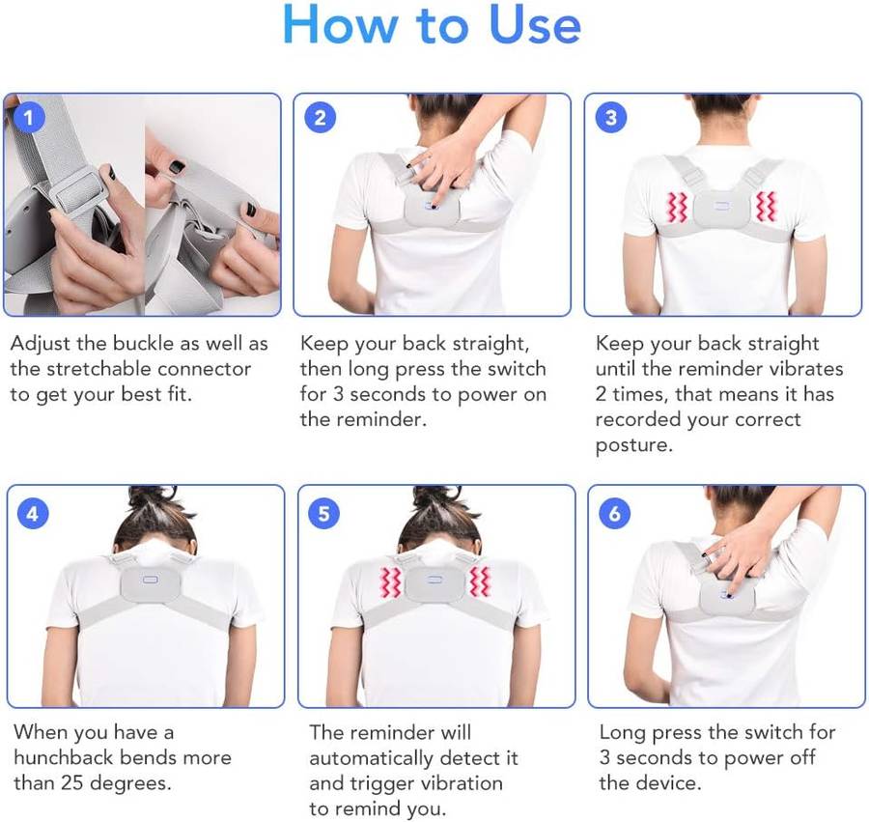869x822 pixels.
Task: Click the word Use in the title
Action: point(535,25)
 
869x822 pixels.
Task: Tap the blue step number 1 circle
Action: point(29,118)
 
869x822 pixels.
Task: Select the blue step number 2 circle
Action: point(321,118)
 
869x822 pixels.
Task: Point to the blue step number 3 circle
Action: point(611,118)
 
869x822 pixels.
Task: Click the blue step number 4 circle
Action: point(33,513)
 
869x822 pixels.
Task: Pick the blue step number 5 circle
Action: point(323,513)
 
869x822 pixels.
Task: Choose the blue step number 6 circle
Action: point(615,513)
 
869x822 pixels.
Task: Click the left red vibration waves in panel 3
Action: point(677,208)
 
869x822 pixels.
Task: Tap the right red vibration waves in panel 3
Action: point(766,208)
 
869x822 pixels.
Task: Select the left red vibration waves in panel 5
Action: point(390,582)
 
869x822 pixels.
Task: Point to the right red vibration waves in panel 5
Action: point(479,581)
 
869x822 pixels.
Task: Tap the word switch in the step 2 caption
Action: point(512,369)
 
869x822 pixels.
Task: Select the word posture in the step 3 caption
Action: point(632,445)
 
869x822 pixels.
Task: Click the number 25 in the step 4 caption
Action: point(72,783)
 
